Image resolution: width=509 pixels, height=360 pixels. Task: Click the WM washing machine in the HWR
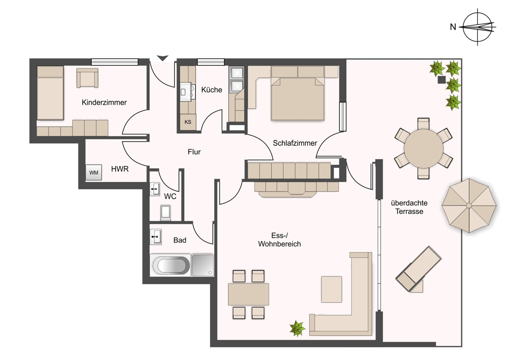click(94, 172)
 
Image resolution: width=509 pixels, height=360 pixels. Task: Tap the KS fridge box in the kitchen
click(188, 122)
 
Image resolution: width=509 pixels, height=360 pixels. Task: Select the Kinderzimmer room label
click(104, 102)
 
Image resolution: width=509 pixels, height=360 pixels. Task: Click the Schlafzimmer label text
click(295, 143)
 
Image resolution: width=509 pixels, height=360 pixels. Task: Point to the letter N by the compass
click(453, 27)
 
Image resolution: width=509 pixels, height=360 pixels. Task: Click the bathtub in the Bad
click(171, 265)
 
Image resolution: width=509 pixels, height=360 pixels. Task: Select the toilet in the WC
click(165, 213)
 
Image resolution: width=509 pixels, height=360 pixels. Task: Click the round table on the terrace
click(423, 148)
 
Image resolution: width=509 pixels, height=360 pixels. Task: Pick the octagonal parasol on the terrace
click(469, 205)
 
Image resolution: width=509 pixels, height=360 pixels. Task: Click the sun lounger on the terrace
click(419, 269)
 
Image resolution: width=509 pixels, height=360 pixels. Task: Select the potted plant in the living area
click(297, 328)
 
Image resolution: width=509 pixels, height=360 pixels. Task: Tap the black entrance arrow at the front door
click(163, 58)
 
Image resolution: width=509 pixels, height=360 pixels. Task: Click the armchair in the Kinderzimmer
click(87, 78)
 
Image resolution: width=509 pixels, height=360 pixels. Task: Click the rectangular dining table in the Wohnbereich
click(248, 294)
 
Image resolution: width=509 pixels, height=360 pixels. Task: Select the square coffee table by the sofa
click(331, 289)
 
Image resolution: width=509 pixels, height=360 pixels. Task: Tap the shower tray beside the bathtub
click(202, 265)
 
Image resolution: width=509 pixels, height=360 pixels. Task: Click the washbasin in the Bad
click(156, 237)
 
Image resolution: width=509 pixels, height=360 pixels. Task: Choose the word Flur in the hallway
click(194, 152)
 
